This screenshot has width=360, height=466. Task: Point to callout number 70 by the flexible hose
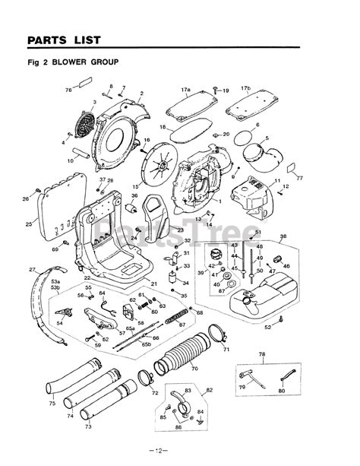click(x=194, y=369)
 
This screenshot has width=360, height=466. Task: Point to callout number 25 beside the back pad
click(x=29, y=223)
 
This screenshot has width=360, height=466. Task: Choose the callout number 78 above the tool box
click(x=261, y=355)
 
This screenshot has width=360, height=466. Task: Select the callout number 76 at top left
click(x=68, y=90)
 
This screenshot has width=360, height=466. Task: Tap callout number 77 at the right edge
click(x=299, y=178)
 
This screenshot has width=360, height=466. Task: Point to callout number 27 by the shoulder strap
click(x=32, y=270)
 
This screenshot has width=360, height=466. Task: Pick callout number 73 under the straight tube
click(x=88, y=427)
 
